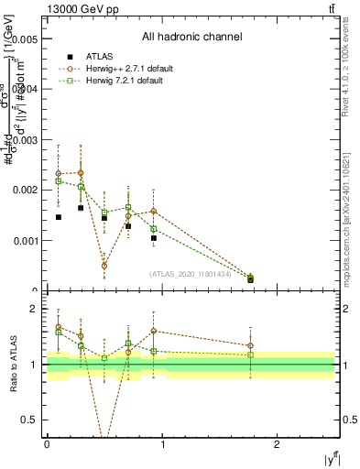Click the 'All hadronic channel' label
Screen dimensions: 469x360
[191, 38]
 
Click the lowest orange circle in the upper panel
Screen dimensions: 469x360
[104, 266]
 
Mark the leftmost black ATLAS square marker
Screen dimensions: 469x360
[59, 217]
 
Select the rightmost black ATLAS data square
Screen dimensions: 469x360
[250, 279]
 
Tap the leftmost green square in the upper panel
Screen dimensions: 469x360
[59, 180]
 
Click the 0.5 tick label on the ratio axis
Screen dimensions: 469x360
[29, 420]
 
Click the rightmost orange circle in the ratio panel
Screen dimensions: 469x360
[250, 346]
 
